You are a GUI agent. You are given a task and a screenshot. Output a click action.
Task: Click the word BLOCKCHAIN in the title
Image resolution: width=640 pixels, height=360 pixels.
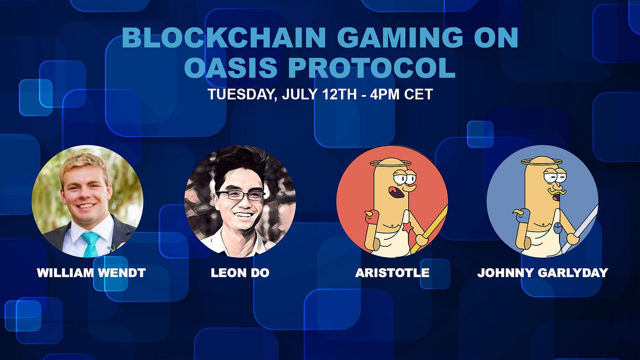click(224, 37)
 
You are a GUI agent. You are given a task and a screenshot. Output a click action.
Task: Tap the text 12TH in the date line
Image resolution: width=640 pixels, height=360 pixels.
click(339, 94)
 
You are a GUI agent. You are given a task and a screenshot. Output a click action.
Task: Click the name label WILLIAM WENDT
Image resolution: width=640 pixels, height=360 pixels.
click(91, 273)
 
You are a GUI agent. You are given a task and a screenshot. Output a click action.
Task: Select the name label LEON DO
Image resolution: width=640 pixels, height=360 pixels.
click(240, 273)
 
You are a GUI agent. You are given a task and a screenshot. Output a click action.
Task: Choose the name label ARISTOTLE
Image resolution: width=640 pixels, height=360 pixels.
click(392, 273)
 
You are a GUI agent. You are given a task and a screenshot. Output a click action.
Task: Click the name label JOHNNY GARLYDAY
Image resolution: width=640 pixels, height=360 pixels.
click(542, 273)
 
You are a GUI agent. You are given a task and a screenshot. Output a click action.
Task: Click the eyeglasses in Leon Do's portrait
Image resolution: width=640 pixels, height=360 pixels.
click(240, 196)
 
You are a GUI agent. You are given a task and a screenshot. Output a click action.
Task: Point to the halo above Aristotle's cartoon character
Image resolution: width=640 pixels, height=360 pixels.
click(390, 163)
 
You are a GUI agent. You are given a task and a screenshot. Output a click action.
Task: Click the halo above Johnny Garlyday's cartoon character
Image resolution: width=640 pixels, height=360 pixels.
click(541, 162)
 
